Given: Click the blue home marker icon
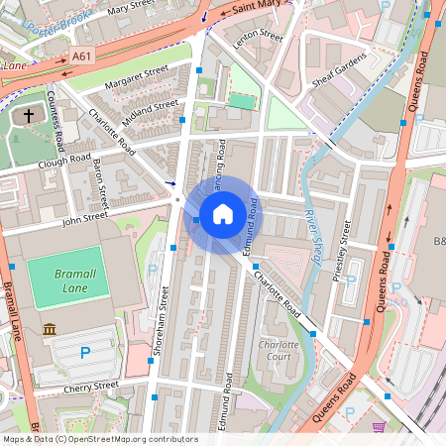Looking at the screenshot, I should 223,213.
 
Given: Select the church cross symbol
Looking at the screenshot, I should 29,116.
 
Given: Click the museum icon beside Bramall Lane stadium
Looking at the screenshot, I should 50,329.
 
